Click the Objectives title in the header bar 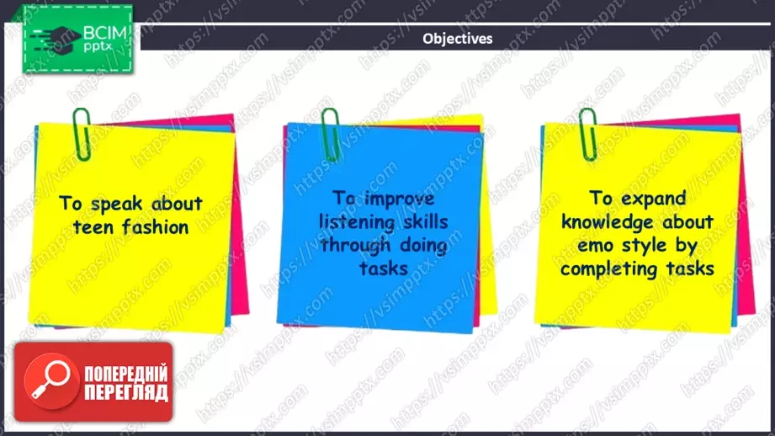(457, 39)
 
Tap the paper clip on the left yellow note (82, 134)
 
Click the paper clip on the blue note (330, 135)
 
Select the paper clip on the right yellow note (587, 134)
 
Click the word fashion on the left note (155, 227)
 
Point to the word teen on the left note (93, 227)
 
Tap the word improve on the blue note (400, 199)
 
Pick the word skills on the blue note (426, 221)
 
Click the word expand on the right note (653, 199)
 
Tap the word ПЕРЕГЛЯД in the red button (126, 393)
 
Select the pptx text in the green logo (98, 47)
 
